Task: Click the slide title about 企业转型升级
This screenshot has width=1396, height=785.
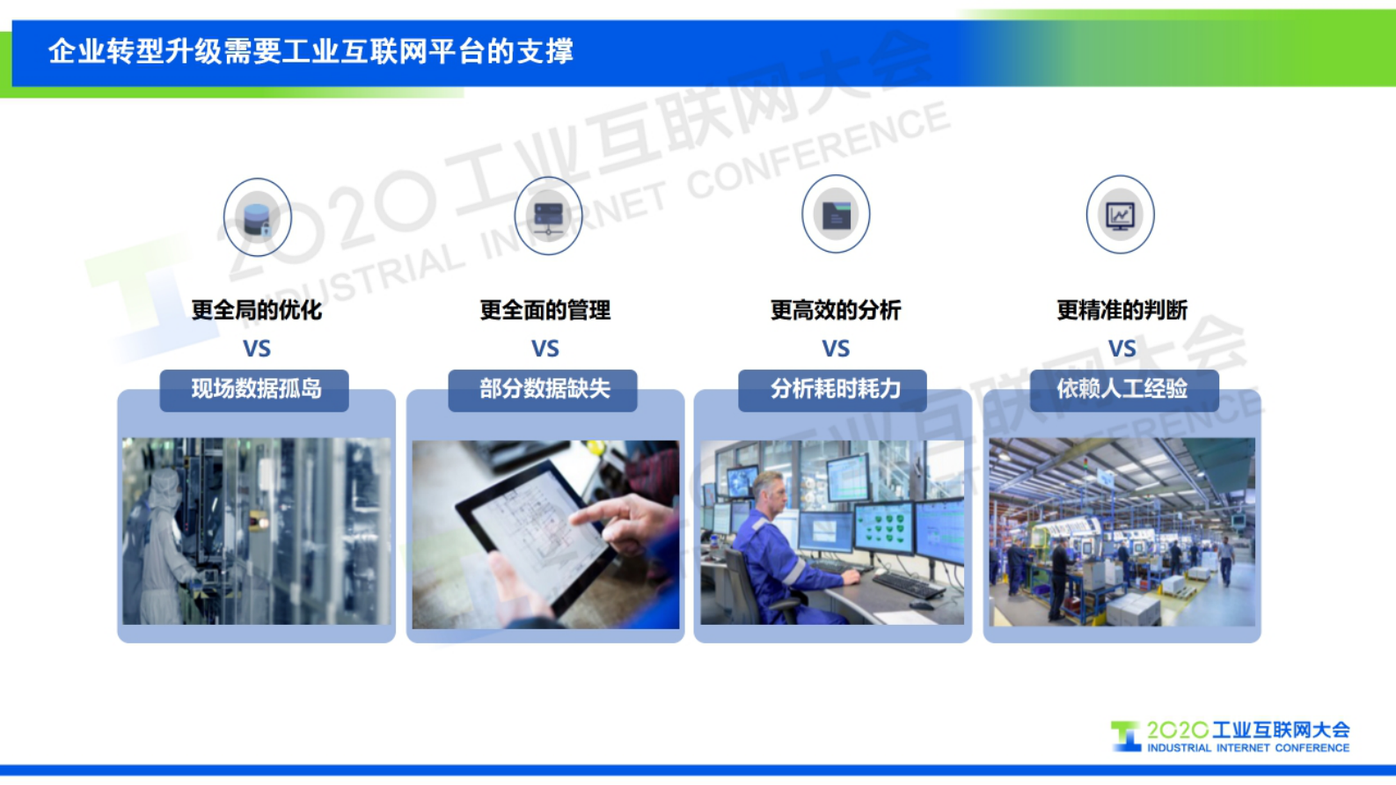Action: coord(311,51)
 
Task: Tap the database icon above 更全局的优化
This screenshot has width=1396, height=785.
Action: coord(257,217)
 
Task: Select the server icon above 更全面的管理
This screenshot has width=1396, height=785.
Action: coord(548,216)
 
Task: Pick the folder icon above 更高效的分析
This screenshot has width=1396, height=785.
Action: coord(836,215)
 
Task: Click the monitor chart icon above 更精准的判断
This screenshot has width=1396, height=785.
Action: coord(1120,215)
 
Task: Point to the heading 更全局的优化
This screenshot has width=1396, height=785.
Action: coord(257,310)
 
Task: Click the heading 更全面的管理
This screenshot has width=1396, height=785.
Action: coord(545,310)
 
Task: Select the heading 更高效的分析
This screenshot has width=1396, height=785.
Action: coord(836,310)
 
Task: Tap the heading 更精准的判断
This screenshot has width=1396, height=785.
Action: coord(1122,310)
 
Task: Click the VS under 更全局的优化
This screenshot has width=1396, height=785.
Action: coord(257,348)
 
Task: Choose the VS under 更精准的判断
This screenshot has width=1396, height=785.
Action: coord(1122,348)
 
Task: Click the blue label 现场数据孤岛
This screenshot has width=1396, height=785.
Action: coord(255,389)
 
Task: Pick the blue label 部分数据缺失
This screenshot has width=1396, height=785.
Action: coord(544,389)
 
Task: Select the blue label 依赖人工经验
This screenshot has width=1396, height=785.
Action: coord(1123,389)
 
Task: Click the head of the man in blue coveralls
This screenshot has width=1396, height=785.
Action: coord(769,493)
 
